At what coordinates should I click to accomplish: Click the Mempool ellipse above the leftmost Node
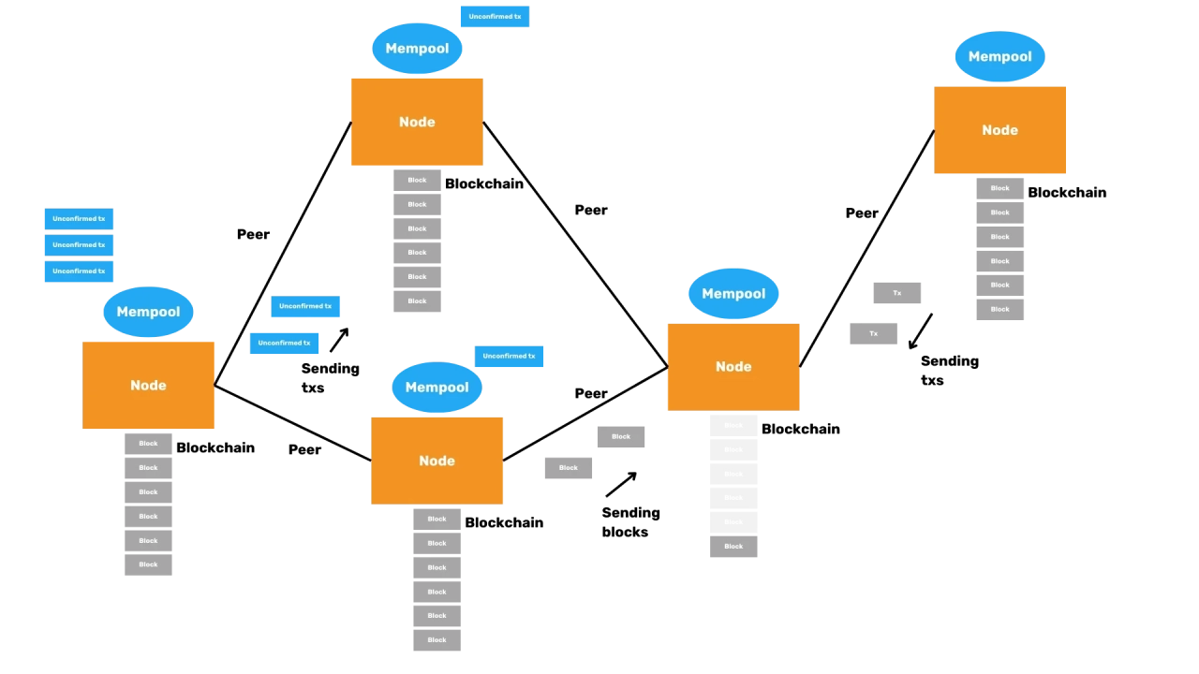148,312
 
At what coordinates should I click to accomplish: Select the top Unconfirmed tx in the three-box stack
79,219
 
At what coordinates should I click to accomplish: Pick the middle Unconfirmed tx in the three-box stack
79,245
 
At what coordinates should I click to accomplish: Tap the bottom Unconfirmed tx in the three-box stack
79,271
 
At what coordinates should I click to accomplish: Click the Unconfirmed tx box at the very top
495,17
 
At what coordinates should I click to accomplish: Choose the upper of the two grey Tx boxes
896,292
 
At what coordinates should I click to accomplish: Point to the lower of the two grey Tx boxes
873,333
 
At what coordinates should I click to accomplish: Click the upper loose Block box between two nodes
621,435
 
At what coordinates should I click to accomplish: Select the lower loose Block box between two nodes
569,467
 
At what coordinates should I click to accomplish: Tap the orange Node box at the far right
999,130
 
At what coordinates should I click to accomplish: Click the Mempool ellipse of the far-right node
999,56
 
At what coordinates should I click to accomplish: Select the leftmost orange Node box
149,385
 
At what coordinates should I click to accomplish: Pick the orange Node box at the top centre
417,122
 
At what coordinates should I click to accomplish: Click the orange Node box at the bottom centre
437,461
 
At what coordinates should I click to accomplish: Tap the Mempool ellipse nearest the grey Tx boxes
733,293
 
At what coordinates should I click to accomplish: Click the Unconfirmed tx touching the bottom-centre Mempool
509,357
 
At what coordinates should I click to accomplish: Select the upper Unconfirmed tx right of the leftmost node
306,307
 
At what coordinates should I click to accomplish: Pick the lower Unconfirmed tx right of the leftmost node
285,344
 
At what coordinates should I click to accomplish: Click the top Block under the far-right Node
999,188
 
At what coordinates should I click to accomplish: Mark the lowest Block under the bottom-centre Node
437,639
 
